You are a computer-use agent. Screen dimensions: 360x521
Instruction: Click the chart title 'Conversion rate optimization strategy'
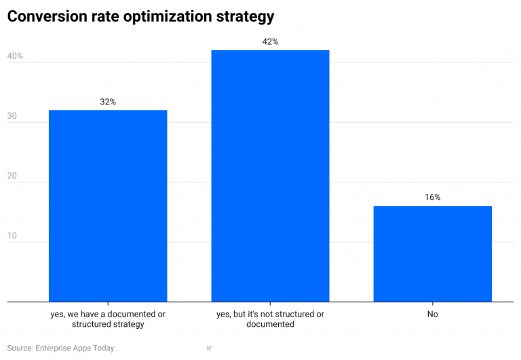pyautogui.click(x=140, y=16)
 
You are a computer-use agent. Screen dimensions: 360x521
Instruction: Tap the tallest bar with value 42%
pyautogui.click(x=270, y=176)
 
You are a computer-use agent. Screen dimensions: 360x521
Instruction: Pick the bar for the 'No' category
pyautogui.click(x=432, y=254)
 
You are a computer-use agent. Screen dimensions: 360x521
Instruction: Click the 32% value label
pyautogui.click(x=108, y=102)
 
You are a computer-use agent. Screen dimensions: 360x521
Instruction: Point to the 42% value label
pyautogui.click(x=270, y=42)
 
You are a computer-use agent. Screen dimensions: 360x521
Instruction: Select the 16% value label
pyautogui.click(x=432, y=197)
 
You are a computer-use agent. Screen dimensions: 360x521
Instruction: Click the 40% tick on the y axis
pyautogui.click(x=15, y=56)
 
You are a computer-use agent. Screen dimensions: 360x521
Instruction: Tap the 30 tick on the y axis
pyautogui.click(x=12, y=116)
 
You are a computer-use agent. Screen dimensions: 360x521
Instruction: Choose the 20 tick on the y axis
pyautogui.click(x=12, y=176)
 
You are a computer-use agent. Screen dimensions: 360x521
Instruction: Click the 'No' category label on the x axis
pyautogui.click(x=432, y=315)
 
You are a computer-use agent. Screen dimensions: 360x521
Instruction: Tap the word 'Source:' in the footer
pyautogui.click(x=20, y=348)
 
